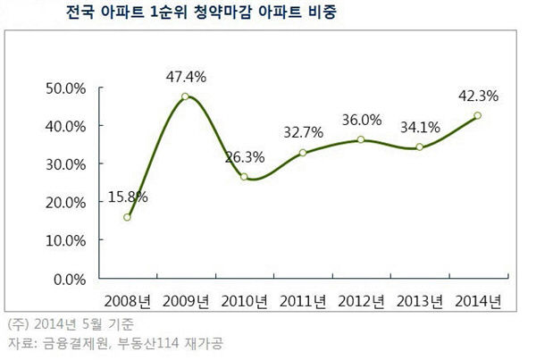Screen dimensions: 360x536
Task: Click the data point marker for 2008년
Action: pyautogui.click(x=128, y=217)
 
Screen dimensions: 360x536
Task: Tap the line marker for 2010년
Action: pyautogui.click(x=244, y=177)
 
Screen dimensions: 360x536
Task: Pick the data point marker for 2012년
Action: pyautogui.click(x=361, y=139)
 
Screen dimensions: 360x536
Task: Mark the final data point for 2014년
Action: pyautogui.click(x=478, y=115)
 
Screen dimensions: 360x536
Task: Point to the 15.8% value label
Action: pyautogui.click(x=127, y=196)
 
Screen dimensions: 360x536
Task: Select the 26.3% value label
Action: pyautogui.click(x=245, y=156)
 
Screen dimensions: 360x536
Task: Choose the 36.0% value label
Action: pyautogui.click(x=361, y=120)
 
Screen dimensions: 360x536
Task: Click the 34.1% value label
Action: pyautogui.click(x=419, y=127)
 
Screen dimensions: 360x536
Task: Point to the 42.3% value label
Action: pyautogui.click(x=477, y=95)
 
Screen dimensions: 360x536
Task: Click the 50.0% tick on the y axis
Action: pyautogui.click(x=63, y=88)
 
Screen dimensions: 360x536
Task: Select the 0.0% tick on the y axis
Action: pyautogui.click(x=67, y=279)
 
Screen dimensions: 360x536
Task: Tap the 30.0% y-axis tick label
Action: pyautogui.click(x=63, y=164)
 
